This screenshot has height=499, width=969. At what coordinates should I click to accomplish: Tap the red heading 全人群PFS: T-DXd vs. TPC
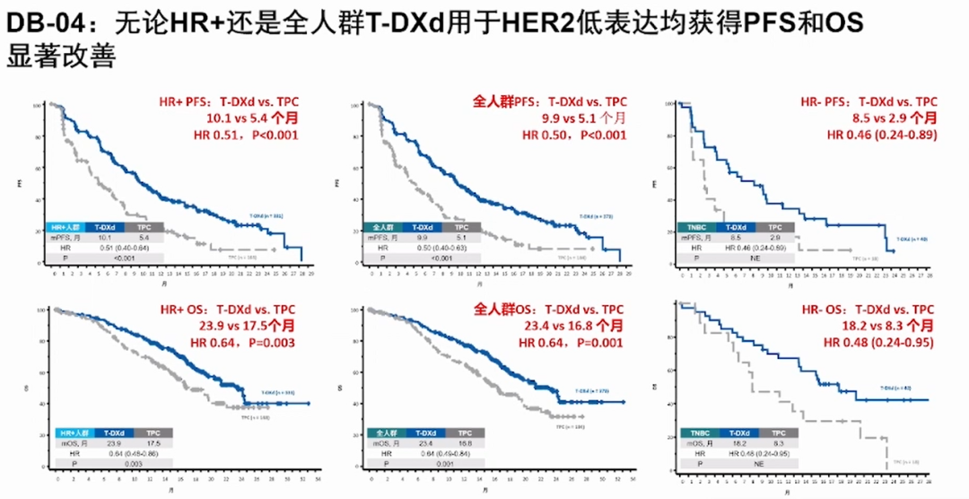[x=550, y=101]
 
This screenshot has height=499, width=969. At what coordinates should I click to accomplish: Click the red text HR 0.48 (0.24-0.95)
[x=878, y=343]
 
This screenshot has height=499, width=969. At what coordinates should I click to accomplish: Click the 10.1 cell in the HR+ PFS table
[x=105, y=238]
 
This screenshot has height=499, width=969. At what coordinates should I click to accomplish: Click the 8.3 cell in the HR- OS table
[x=778, y=442]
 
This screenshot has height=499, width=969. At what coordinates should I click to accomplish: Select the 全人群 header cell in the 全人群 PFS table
[x=383, y=228]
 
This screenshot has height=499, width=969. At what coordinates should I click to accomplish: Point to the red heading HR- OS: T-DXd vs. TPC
[x=869, y=310]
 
